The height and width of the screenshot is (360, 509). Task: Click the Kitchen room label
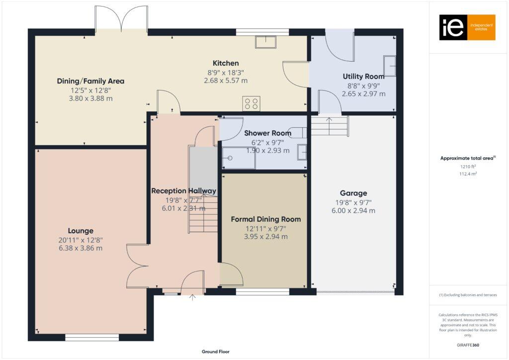226,63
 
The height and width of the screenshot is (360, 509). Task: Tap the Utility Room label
363,77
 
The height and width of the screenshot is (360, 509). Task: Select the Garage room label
353,193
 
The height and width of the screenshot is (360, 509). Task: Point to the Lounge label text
81,231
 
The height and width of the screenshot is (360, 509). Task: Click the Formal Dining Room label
265,219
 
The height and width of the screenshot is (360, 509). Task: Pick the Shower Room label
267,133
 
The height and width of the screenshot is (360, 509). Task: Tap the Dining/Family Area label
90,81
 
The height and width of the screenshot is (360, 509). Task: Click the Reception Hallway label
183,191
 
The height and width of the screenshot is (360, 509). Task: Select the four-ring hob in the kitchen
251,103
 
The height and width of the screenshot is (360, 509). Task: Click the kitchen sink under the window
265,42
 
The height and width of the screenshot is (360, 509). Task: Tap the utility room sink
390,66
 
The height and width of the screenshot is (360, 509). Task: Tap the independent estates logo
467,27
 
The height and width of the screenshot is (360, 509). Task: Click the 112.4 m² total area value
467,174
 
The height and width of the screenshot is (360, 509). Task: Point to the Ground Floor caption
215,352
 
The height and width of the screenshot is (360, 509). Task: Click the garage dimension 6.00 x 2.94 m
353,211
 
